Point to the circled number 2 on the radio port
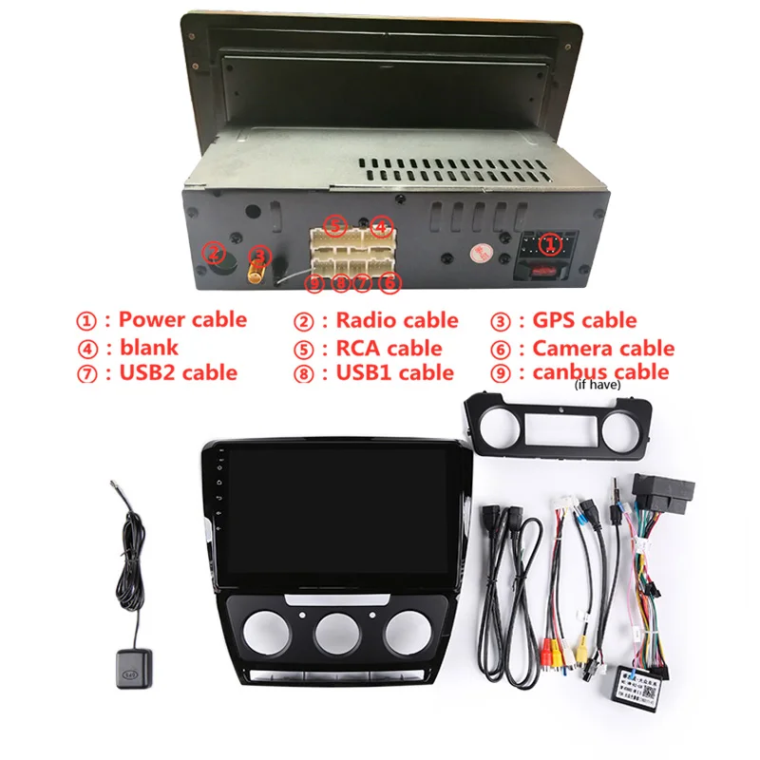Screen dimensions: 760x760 point(216,254)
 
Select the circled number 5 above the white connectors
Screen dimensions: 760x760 point(334,226)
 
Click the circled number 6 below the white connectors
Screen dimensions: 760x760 point(388,281)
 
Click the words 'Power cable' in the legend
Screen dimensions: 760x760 point(182,320)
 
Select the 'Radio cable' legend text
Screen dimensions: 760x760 point(396,320)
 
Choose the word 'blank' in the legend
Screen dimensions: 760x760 point(148,347)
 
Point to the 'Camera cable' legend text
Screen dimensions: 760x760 point(603,348)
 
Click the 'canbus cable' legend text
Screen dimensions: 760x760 point(600,372)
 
